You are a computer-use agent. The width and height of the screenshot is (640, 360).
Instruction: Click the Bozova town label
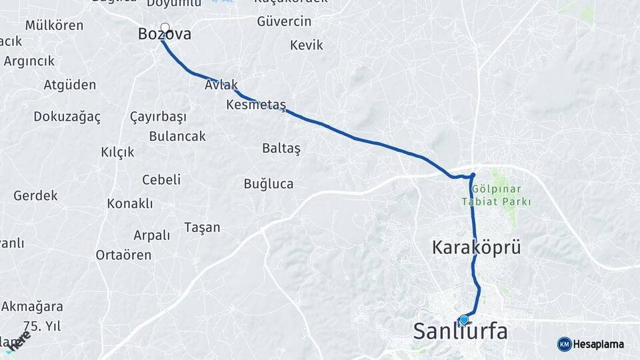coord(164,35)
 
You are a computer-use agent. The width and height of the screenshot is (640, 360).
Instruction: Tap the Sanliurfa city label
coord(460,331)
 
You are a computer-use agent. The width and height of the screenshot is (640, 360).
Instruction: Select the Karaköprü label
coord(476,248)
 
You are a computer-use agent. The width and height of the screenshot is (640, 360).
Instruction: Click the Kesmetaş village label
coord(256,105)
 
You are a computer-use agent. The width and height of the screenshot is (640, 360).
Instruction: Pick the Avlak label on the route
coord(221,86)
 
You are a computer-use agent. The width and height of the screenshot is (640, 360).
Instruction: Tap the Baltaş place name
coord(281,148)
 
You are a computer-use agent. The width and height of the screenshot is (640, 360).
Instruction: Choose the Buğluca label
coord(268,184)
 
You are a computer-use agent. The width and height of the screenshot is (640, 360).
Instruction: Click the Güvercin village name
coord(284,21)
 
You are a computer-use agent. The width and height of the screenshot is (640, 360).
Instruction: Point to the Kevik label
coord(307,45)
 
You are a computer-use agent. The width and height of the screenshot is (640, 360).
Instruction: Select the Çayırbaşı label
coord(158,117)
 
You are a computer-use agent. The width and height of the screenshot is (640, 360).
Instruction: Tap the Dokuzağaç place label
coord(67,117)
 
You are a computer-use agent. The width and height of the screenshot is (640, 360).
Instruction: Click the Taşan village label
coord(202,227)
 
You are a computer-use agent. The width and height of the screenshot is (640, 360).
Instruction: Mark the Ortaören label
coord(123,255)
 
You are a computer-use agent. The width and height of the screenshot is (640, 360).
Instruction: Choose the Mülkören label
coord(54,25)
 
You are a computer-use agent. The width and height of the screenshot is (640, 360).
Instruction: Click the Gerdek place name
coord(35,196)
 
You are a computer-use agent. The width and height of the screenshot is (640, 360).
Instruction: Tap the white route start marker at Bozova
coord(165,28)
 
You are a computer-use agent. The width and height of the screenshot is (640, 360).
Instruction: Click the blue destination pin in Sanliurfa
coord(464,319)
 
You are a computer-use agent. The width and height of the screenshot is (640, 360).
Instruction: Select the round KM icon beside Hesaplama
coord(564,344)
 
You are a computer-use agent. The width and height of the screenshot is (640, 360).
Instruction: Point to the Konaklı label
coord(130,203)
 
